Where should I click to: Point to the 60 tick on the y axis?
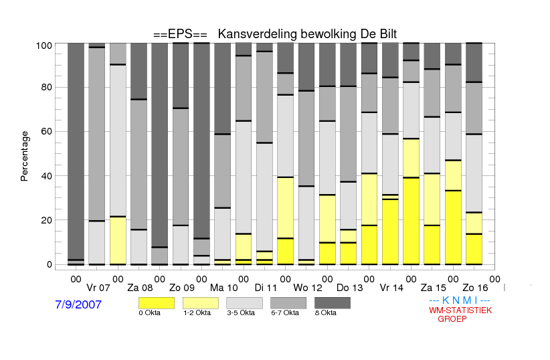click(x=47, y=131)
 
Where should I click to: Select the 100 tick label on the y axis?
click(x=44, y=46)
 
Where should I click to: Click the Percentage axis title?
click(x=24, y=156)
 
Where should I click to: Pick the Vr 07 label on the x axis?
click(x=98, y=288)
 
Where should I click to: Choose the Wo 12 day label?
click(x=308, y=288)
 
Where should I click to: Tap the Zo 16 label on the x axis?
click(x=475, y=288)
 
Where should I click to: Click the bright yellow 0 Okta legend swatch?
click(x=157, y=303)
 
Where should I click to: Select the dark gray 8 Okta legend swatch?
click(x=333, y=303)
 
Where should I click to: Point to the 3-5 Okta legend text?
click(x=241, y=313)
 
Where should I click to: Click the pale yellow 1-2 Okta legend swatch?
click(x=201, y=303)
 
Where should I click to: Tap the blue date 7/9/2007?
click(x=78, y=304)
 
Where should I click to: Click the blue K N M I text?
click(x=460, y=300)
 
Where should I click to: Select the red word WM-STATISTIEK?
click(x=460, y=310)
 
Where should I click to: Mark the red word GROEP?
click(x=452, y=319)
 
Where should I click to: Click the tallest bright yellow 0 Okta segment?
click(x=411, y=221)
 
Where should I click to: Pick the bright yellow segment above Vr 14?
click(x=390, y=232)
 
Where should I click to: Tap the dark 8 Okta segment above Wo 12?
click(x=306, y=67)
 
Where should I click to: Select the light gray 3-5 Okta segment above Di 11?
click(x=264, y=197)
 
